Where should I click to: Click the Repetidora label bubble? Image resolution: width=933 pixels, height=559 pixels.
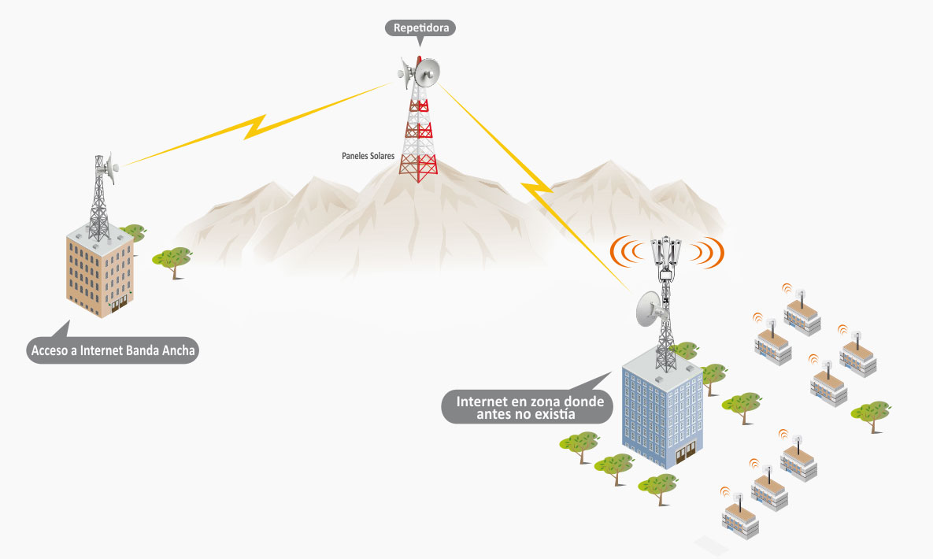[420, 28]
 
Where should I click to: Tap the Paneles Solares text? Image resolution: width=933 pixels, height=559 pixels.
[368, 156]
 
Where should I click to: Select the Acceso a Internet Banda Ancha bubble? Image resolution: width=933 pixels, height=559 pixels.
[113, 350]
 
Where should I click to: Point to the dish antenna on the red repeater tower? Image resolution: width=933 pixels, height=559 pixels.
[426, 73]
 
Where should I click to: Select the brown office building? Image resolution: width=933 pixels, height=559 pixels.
[99, 272]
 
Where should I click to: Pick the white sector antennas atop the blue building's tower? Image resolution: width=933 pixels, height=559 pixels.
[666, 253]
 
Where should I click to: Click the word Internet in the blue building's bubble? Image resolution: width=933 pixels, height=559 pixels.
[482, 402]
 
